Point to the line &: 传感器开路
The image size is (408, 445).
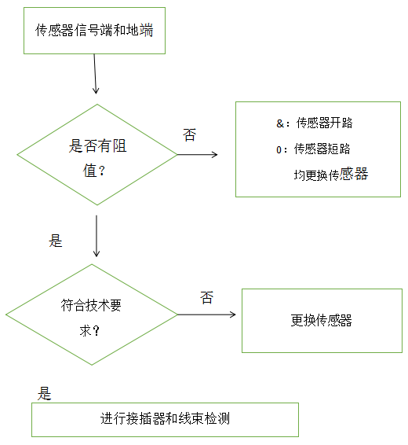coord(315,123)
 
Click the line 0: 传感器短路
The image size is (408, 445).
coord(313,149)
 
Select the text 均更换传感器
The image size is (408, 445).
coord(331,174)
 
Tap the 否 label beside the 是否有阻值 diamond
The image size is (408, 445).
coord(189,134)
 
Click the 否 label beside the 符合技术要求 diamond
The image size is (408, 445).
coord(206,298)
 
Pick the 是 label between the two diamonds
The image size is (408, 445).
coord(56,241)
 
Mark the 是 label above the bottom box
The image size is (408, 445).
coord(44,394)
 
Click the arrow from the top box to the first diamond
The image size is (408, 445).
coord(95,74)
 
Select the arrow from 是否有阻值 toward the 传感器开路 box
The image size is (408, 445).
coord(198,155)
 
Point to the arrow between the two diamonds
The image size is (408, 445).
coord(97,236)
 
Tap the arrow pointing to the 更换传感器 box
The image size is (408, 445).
coord(206,314)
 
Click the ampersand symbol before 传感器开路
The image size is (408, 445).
coord(280,123)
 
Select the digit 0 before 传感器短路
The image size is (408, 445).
coord(279,149)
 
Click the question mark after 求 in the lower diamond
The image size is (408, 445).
coord(96,331)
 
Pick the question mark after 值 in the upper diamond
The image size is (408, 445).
coord(102,171)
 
